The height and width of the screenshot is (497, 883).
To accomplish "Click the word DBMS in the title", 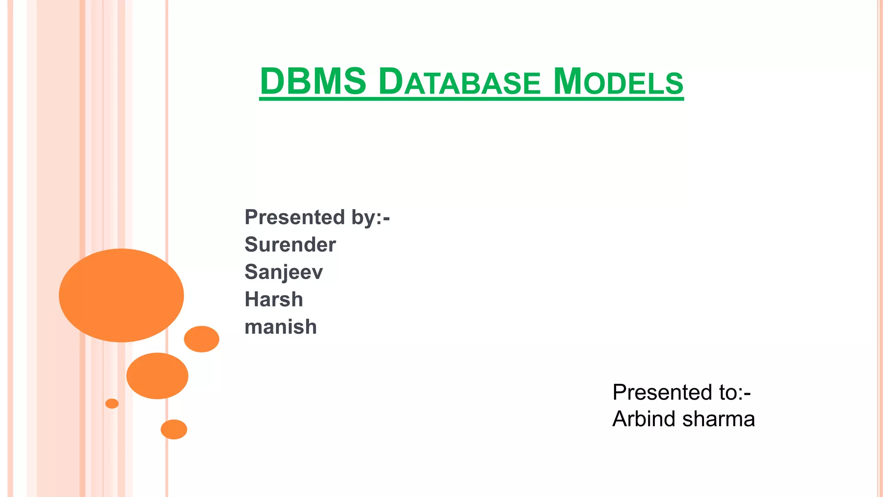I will [x=313, y=82].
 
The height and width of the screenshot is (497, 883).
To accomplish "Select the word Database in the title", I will [x=460, y=82].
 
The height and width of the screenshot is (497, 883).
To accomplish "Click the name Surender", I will [x=290, y=245].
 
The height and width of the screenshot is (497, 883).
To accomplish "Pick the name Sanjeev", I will [x=284, y=272].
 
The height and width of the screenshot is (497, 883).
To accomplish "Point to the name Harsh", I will [x=274, y=299].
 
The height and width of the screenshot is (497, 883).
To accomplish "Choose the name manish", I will [x=281, y=327].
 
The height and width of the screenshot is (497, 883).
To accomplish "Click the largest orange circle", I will [x=121, y=296].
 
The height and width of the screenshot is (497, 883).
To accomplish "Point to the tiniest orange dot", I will [x=112, y=403].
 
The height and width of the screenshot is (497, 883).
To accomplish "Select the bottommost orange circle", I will [x=174, y=429].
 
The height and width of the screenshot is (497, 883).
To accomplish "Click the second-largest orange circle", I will [x=157, y=376].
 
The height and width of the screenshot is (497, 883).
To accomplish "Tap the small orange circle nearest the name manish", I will [x=201, y=339].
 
